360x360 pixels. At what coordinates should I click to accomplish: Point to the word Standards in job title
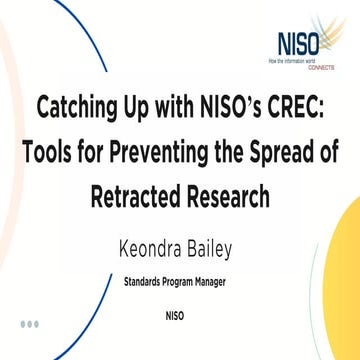tap(147, 282)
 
